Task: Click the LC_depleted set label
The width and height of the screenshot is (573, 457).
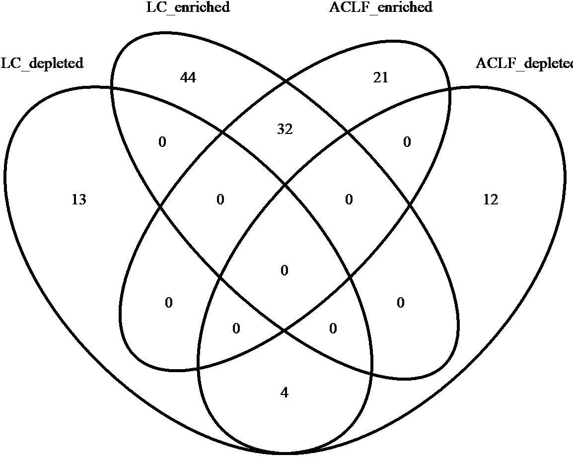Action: pyautogui.click(x=42, y=64)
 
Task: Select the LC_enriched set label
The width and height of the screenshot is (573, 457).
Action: pyautogui.click(x=188, y=7)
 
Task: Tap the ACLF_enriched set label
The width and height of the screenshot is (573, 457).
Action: pyautogui.click(x=381, y=7)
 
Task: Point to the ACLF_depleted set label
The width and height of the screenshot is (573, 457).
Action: pyautogui.click(x=524, y=64)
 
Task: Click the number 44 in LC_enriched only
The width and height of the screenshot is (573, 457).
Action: pyautogui.click(x=188, y=77)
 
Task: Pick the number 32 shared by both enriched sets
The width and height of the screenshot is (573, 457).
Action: pyautogui.click(x=285, y=130)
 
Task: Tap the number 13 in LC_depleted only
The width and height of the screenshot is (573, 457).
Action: pyautogui.click(x=79, y=200)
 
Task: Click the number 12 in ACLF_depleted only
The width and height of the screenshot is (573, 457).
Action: pyautogui.click(x=490, y=200)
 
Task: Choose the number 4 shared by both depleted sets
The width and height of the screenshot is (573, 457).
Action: pyautogui.click(x=284, y=393)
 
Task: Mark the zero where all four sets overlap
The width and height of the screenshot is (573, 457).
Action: pyautogui.click(x=284, y=271)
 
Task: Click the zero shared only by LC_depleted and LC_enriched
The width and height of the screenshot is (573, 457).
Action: pyautogui.click(x=162, y=143)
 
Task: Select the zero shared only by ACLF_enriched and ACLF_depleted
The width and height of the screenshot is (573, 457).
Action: pyautogui.click(x=407, y=143)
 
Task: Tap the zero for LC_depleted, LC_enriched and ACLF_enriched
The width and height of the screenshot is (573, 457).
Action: pyautogui.click(x=220, y=200)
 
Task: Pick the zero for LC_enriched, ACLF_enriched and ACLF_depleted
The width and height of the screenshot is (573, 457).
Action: pyautogui.click(x=349, y=200)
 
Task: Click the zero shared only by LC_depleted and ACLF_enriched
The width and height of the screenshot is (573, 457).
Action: pyautogui.click(x=168, y=303)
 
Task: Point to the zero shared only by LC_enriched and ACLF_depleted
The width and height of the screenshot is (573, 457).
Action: pyautogui.click(x=401, y=303)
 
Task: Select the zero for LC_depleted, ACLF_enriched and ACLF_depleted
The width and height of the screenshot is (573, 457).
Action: pyautogui.click(x=236, y=328)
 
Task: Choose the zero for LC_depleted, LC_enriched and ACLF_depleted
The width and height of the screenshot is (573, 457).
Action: pyautogui.click(x=333, y=328)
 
